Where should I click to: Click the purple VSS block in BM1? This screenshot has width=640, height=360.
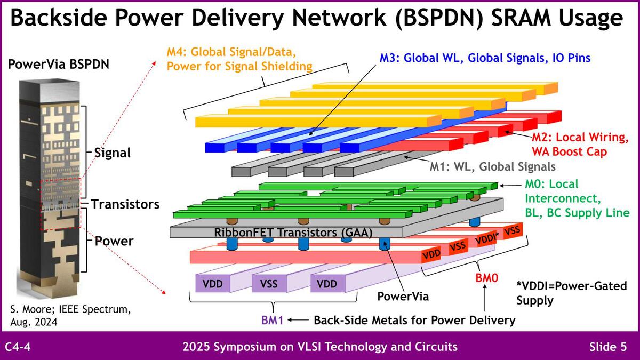tap(269, 283)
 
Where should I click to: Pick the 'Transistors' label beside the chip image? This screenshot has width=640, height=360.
tap(125, 204)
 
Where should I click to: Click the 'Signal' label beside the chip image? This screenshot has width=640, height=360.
tap(112, 153)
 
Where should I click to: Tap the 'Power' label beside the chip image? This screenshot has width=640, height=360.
tap(114, 241)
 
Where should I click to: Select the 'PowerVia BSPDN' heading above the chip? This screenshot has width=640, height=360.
tap(58, 65)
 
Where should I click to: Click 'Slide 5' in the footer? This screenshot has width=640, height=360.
tap(608, 347)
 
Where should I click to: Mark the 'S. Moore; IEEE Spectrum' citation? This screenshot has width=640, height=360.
tap(70, 309)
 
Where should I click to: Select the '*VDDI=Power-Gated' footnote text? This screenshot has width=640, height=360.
tap(565, 285)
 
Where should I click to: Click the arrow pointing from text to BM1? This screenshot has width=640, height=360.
tap(300, 321)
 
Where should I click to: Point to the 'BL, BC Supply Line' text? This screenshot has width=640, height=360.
tap(577, 213)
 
